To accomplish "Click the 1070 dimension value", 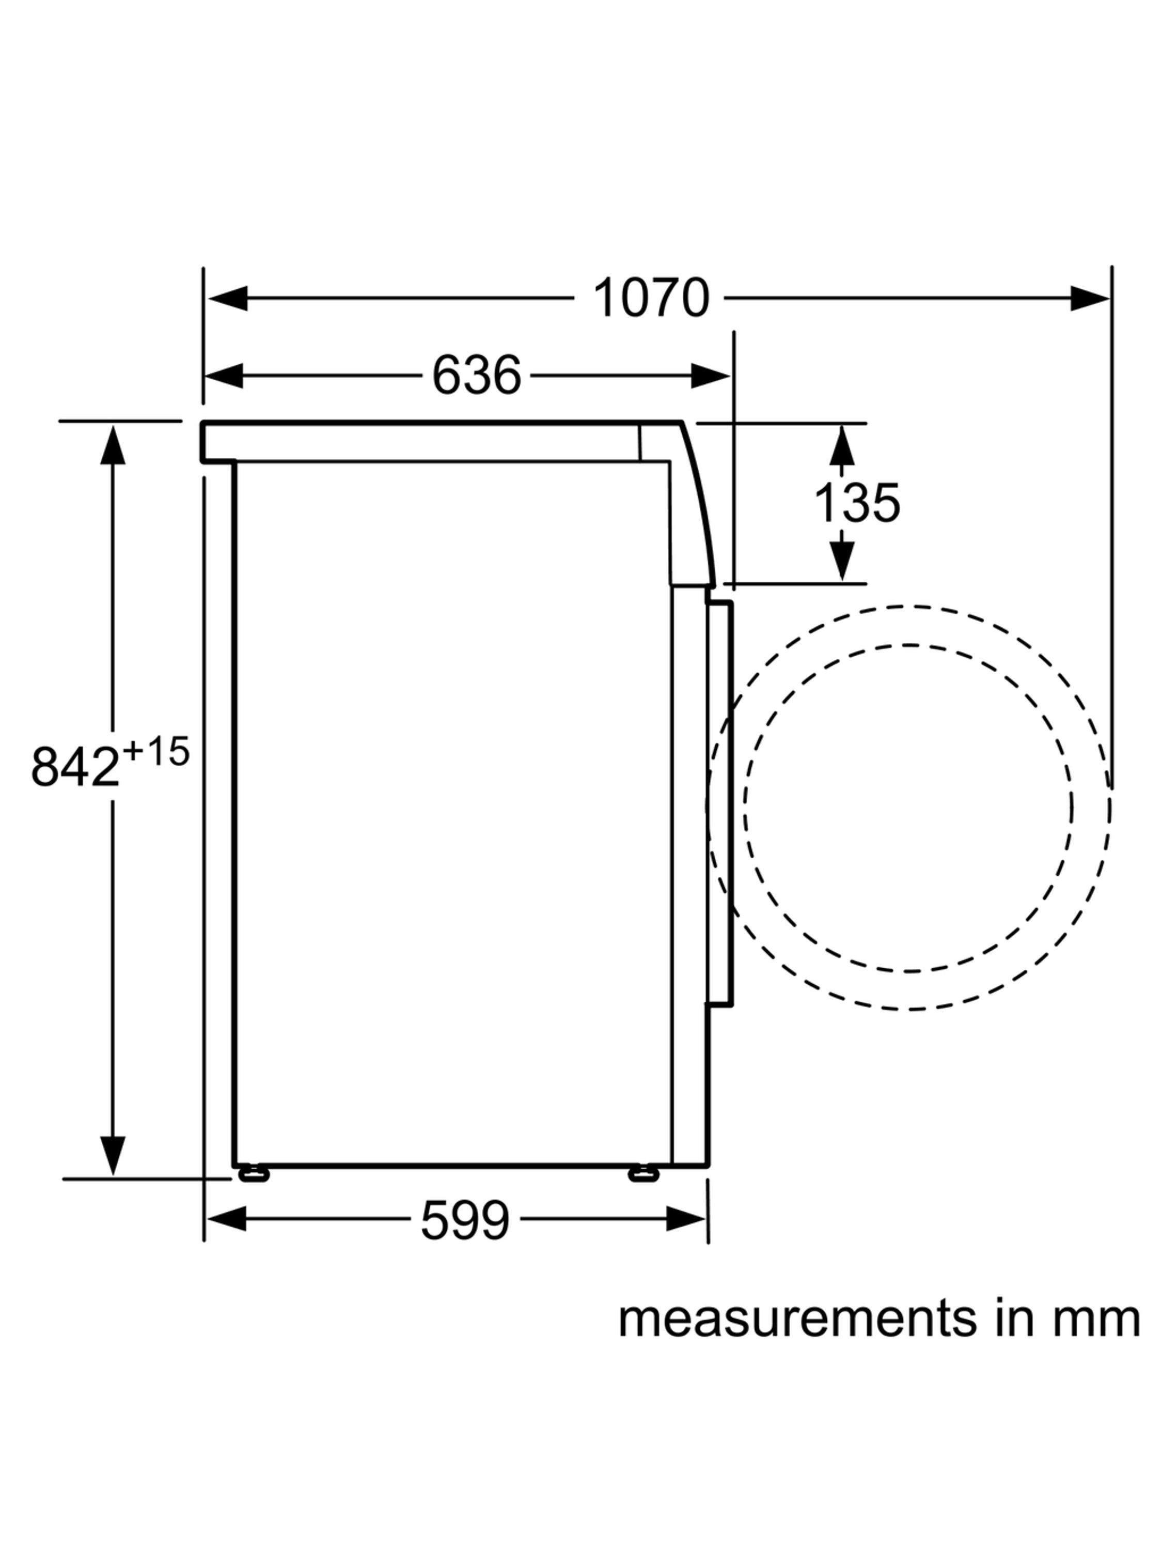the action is click(651, 298).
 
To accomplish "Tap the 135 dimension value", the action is click(857, 502).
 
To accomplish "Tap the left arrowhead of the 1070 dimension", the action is click(228, 298).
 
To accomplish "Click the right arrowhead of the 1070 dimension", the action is click(1089, 298).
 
